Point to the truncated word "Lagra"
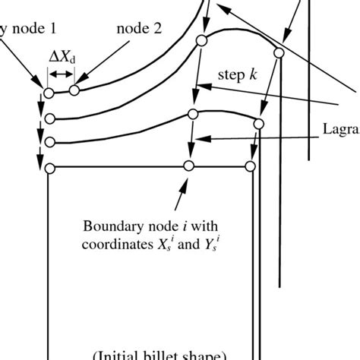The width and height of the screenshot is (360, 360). point(340,131)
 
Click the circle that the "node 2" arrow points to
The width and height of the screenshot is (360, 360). point(74,91)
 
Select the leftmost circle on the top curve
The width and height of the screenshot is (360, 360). point(49,93)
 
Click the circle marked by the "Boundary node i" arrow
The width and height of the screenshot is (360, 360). point(189,166)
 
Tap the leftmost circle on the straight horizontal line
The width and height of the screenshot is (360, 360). point(49,168)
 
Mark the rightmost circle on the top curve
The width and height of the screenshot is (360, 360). point(279,52)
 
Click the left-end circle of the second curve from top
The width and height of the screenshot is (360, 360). point(49,118)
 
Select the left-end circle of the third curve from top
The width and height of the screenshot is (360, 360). point(49,142)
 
